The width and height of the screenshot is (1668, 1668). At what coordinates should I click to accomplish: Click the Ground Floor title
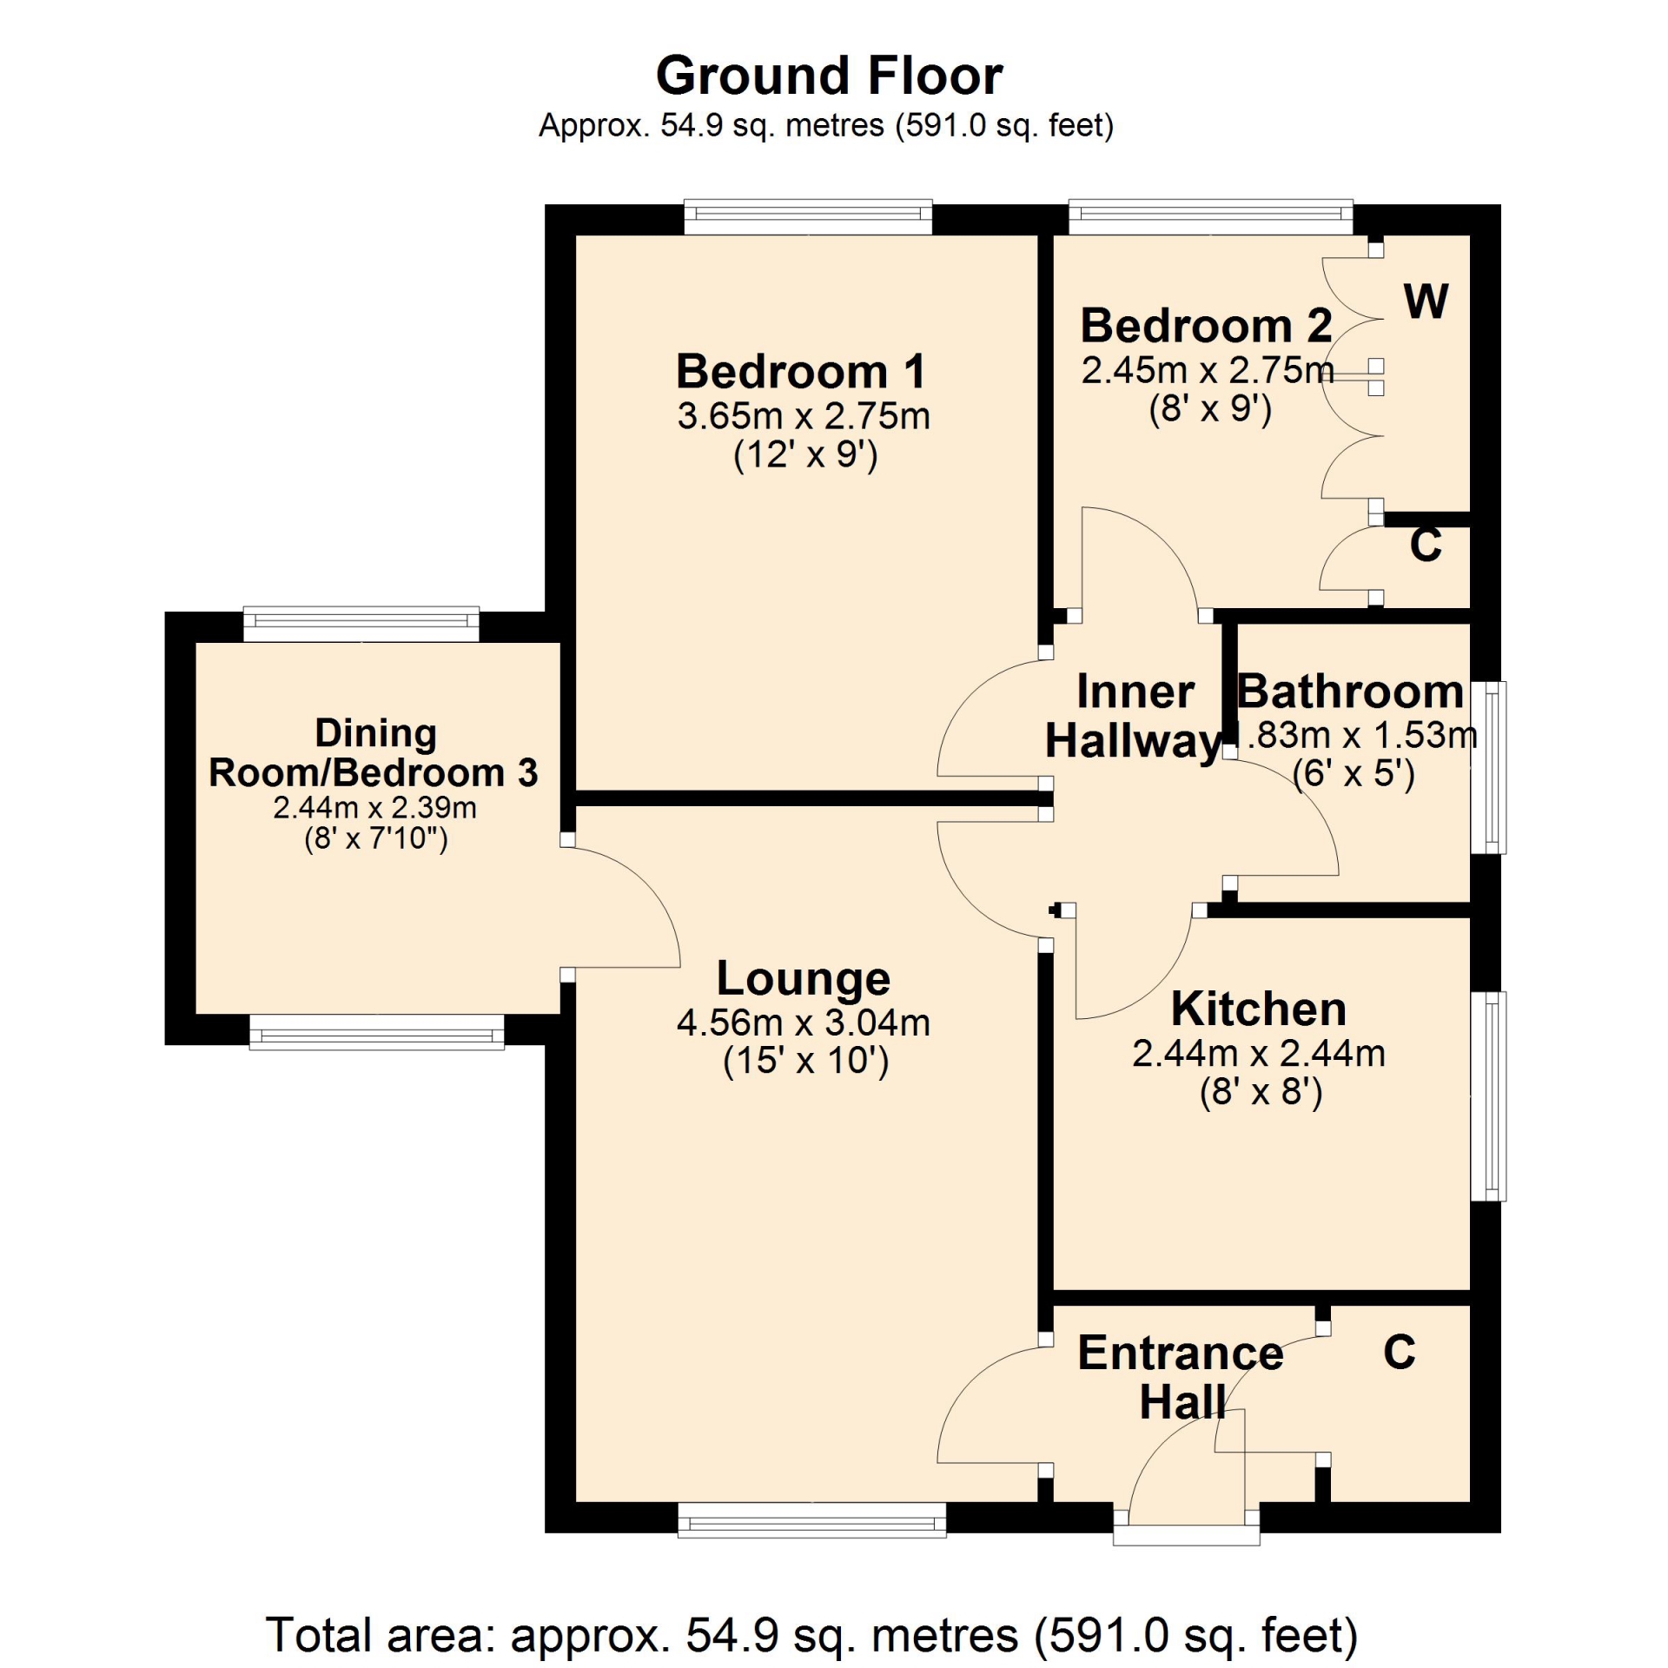829,76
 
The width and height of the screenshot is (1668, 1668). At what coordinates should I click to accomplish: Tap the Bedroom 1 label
801,372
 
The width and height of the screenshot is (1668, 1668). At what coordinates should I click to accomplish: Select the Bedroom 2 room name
1206,326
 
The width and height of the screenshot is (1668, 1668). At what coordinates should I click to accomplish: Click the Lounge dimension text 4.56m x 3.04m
803,1023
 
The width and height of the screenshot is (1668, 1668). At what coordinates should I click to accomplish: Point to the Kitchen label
1259,1009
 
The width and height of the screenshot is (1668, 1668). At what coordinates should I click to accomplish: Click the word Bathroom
1350,692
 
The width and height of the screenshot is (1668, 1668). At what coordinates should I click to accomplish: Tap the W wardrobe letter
1426,301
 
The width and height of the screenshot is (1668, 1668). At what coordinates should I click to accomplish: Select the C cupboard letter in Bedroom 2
1426,544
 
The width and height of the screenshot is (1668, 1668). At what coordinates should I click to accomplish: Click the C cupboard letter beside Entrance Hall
1400,1351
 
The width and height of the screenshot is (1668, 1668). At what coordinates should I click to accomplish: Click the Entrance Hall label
1181,1376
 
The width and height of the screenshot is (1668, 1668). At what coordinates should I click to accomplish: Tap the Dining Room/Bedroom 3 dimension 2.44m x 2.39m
374,807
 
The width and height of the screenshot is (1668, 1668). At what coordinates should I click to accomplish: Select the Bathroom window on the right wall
1487,768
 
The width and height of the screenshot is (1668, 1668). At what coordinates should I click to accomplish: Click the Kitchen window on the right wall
1487,1096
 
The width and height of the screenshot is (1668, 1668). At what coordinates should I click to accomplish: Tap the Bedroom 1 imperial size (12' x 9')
805,454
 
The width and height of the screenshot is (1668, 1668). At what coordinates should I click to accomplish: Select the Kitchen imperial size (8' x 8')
1261,1091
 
